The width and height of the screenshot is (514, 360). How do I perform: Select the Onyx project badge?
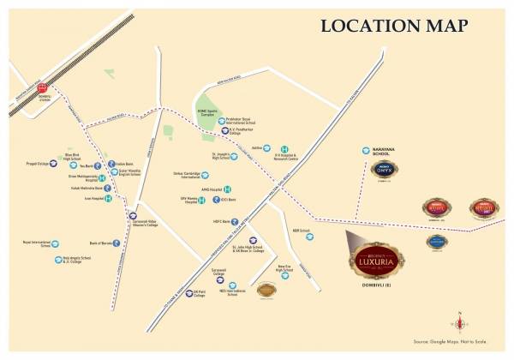tap(383, 171)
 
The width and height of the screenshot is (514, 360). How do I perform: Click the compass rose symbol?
tap(462, 324)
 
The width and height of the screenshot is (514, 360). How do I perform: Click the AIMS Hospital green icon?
tap(227, 189)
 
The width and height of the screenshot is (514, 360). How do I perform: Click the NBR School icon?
tap(309, 237)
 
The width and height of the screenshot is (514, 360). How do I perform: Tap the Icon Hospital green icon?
tap(108, 198)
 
